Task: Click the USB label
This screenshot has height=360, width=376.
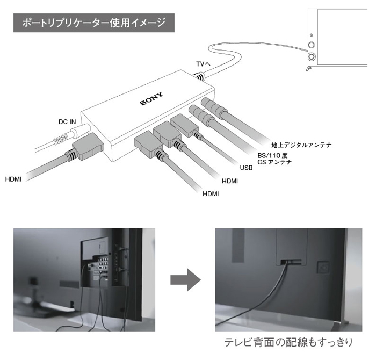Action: coord(247,168)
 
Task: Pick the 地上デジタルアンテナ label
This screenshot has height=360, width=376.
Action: coord(302,145)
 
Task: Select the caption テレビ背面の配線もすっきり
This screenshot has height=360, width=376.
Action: coord(290,342)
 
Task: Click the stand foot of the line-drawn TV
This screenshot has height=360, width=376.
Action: coord(308,68)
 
